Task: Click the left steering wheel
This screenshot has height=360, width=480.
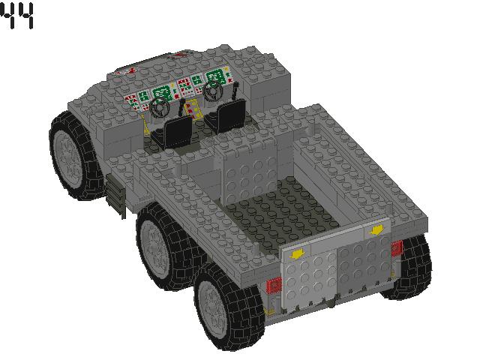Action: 159,108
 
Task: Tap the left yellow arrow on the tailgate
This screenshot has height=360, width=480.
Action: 298,253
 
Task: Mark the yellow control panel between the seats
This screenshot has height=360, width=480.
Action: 193,106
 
